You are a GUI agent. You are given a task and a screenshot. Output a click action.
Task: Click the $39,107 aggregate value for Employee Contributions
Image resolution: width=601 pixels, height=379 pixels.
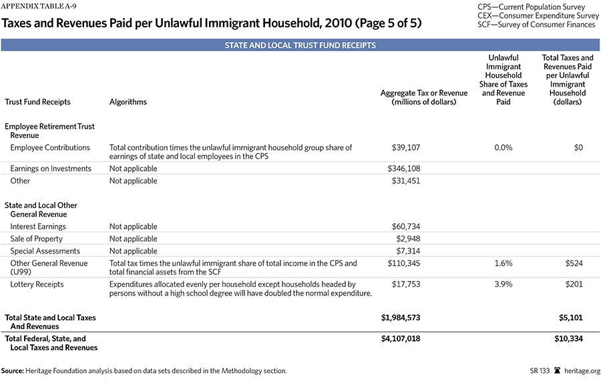404,147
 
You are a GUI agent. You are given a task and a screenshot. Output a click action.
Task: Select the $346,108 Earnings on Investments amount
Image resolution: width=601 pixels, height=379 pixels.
404,169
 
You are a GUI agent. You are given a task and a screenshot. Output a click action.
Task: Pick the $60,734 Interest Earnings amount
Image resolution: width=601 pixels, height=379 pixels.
404,227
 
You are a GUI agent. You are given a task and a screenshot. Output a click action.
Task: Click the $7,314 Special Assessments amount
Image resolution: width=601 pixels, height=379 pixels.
407,251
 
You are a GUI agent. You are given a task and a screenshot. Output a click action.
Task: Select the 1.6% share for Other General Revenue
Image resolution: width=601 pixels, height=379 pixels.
503,264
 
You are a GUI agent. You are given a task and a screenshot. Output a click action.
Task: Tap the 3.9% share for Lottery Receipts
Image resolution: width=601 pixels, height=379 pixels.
503,284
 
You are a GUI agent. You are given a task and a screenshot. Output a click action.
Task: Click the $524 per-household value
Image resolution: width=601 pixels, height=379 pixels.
572,264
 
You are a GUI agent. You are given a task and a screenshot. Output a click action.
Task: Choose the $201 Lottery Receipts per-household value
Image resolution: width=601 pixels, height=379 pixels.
572,284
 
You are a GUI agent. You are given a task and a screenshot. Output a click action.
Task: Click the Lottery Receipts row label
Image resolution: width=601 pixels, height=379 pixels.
37,284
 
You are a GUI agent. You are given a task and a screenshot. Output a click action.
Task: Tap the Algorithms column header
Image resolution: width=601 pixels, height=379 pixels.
128,102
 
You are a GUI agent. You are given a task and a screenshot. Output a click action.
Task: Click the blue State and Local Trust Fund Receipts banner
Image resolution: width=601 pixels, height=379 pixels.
300,45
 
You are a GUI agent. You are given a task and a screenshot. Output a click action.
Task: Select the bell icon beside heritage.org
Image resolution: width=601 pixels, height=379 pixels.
556,370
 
